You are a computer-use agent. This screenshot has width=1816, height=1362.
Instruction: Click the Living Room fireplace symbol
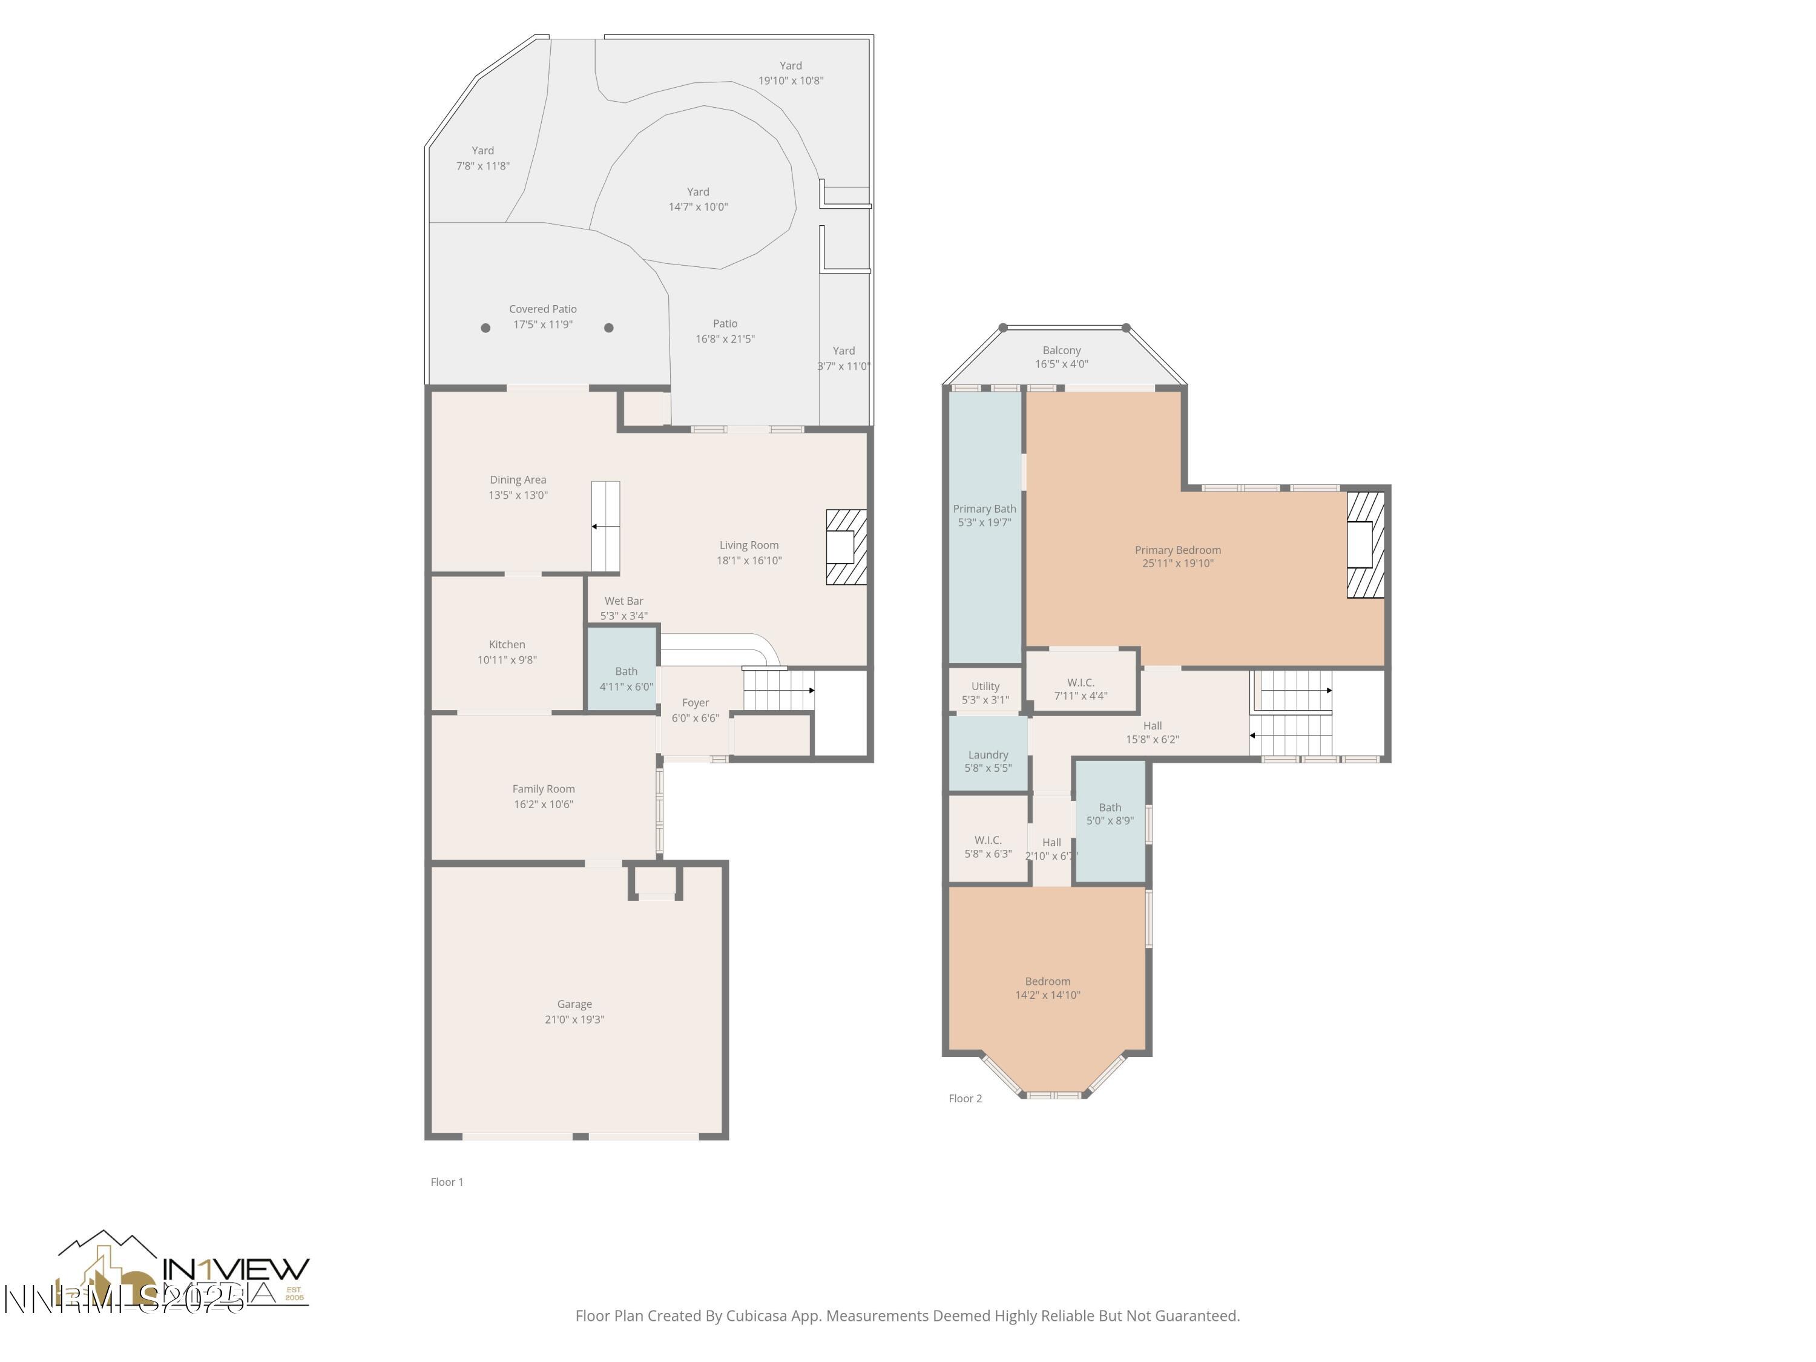[x=846, y=547]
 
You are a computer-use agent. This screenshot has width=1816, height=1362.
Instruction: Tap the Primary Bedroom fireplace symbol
[x=1364, y=544]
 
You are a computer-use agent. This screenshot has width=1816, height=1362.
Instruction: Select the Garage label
[x=574, y=1004]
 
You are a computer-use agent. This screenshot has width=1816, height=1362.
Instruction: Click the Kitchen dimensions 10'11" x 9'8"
[x=507, y=659]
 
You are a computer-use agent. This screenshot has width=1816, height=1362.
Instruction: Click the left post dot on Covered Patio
[x=485, y=327]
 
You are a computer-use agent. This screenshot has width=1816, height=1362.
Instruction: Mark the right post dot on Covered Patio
[x=608, y=327]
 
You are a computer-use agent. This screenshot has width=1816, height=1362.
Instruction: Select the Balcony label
[x=1062, y=350]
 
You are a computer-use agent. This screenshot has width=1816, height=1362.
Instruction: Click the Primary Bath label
[x=984, y=508]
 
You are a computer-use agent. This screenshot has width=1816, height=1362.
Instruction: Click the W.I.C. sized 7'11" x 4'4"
[x=1081, y=688]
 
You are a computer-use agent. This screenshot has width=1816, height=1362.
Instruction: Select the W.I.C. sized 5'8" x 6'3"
[x=988, y=846]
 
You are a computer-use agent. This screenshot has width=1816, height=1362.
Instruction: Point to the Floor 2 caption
[x=965, y=1099]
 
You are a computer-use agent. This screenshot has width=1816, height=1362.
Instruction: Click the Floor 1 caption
[x=447, y=1182]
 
